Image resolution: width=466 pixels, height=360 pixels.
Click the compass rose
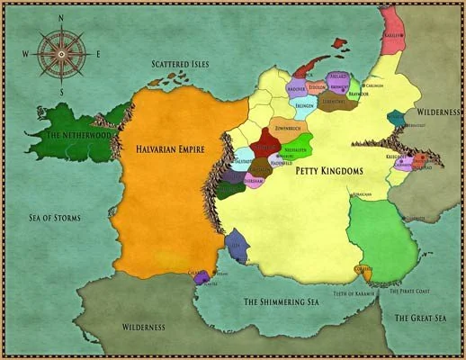pos(61,53)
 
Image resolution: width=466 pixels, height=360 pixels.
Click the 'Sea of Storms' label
pos(56,218)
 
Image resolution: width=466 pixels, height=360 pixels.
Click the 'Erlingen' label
pos(303,107)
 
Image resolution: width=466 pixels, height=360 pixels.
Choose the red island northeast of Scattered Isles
pos(339,42)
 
